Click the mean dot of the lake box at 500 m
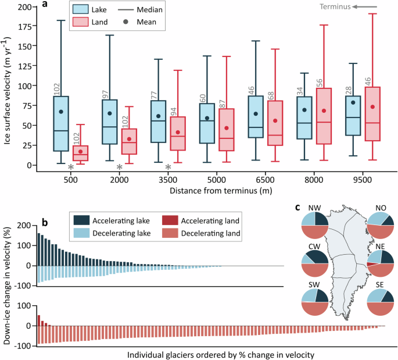pos(60,112)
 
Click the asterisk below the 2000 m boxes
pos(120,167)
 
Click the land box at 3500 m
pos(181,134)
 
